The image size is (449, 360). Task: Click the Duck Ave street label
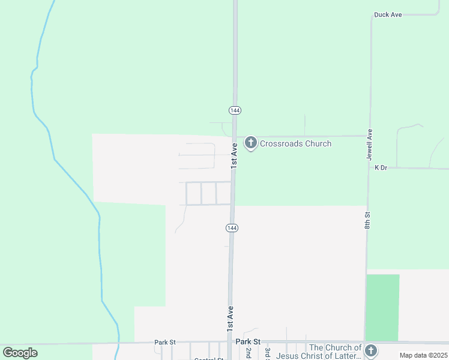pos(387,14)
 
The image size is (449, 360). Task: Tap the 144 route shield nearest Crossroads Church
pos(235,110)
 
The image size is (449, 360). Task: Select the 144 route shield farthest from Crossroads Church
pos(232,228)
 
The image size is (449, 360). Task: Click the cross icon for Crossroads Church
pos(251,143)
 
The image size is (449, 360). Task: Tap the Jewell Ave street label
pos(370,144)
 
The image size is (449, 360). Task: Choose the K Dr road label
pos(381,168)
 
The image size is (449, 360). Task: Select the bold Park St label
pos(248,341)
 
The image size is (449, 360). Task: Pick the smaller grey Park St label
pos(164,342)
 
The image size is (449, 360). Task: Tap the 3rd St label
pos(267,353)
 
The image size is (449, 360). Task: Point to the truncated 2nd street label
pos(248,353)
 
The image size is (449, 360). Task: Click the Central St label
pos(208,359)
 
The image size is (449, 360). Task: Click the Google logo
pos(20,353)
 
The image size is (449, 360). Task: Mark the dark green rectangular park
pos(382,307)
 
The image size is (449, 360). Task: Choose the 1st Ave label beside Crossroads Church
pos(235,155)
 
